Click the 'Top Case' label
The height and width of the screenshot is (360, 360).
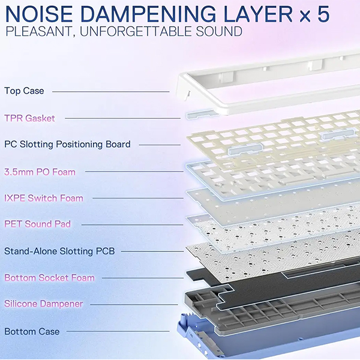[25, 91]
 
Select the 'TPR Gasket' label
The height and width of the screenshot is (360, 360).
[30, 118]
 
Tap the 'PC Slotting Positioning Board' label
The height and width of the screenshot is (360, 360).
[67, 145]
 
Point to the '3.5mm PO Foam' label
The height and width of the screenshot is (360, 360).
[40, 172]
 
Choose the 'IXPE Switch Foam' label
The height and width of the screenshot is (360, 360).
[44, 198]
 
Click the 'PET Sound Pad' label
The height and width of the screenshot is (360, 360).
[38, 224]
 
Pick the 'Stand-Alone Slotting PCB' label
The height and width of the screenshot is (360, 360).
[59, 251]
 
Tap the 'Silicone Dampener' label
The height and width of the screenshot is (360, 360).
[44, 304]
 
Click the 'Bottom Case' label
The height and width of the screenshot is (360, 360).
[32, 331]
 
